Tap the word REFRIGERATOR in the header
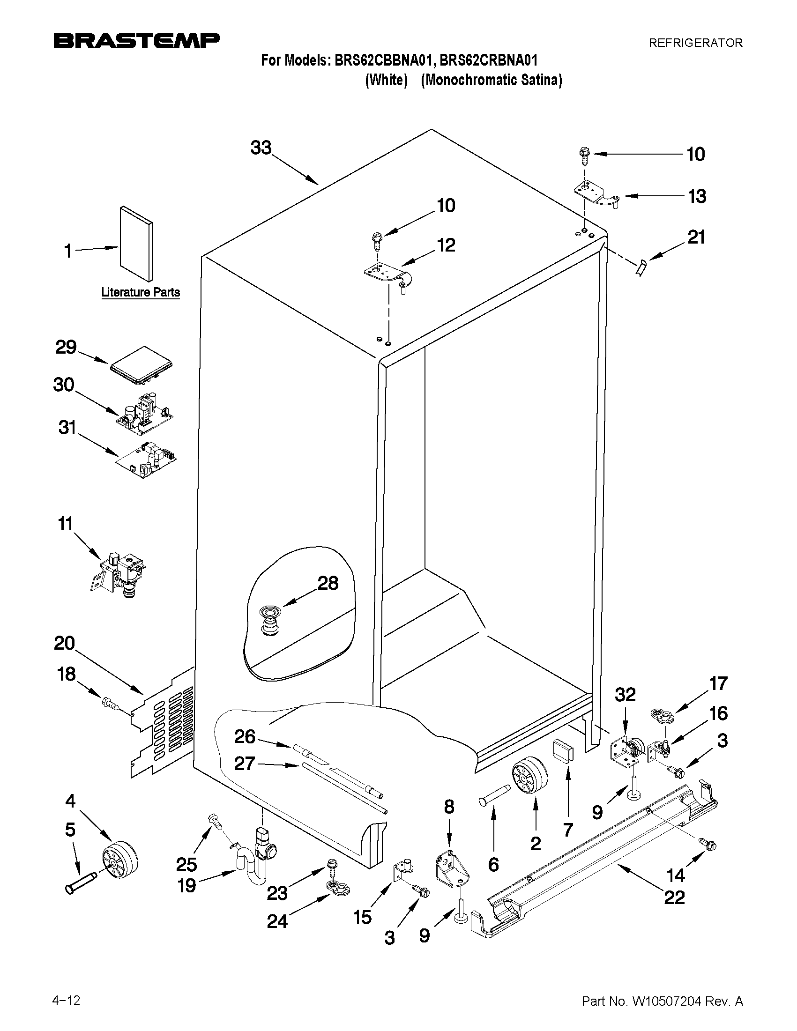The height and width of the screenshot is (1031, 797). coord(695,43)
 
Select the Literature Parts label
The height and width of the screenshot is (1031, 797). coord(141,292)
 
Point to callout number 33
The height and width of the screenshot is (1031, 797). coord(261,148)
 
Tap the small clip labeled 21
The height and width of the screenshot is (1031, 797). coord(641,268)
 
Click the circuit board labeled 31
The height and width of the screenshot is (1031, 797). coord(147,458)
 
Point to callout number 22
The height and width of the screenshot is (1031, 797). coord(674,897)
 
